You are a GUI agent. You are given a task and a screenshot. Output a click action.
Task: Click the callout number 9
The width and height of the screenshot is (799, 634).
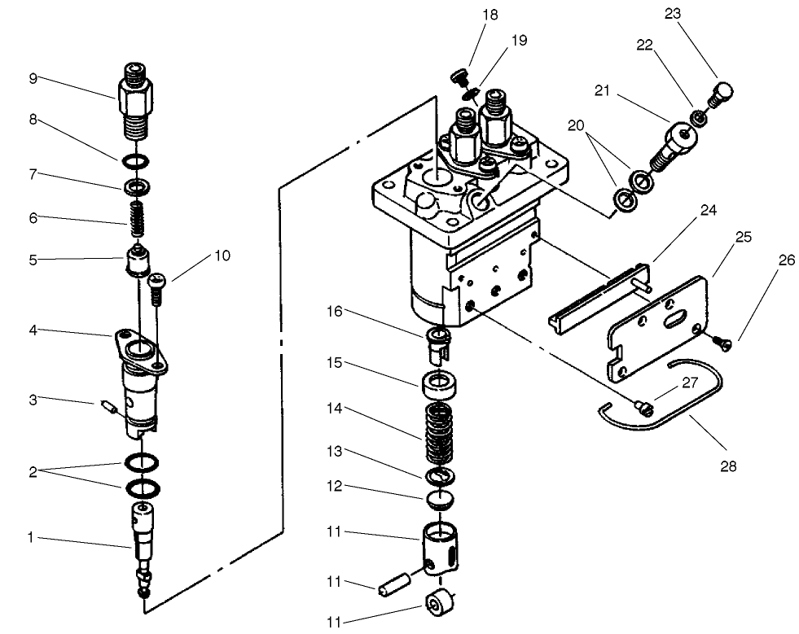33,79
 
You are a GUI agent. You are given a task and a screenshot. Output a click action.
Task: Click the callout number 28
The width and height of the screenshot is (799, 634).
727,466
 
